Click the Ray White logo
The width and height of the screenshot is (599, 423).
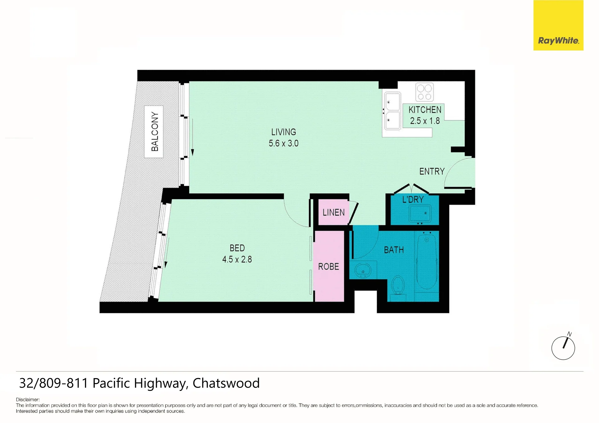[x=558, y=25]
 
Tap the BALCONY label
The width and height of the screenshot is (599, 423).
[x=155, y=131]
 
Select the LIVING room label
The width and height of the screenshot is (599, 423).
[x=283, y=132]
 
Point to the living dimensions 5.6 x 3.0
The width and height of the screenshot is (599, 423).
[x=283, y=143]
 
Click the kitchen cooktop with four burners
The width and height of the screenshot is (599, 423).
[x=425, y=92]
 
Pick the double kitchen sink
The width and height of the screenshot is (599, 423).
[x=392, y=111]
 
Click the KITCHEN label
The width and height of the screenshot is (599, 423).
[x=425, y=110]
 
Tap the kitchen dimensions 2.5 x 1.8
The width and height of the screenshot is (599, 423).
[x=425, y=121]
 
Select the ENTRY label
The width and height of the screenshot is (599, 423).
[x=432, y=171]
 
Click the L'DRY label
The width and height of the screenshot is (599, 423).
[x=413, y=199]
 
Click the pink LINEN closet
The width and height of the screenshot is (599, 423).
[x=333, y=212]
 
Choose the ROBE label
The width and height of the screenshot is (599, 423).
[x=328, y=267]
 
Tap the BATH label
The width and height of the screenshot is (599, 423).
[x=394, y=250]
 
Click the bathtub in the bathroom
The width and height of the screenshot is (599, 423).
[x=427, y=262]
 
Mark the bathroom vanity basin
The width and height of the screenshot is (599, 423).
[x=363, y=270]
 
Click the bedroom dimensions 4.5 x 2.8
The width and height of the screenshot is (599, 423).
[x=237, y=259]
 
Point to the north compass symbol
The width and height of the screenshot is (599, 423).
[x=563, y=347]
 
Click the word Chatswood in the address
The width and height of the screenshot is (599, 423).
[x=226, y=383]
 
